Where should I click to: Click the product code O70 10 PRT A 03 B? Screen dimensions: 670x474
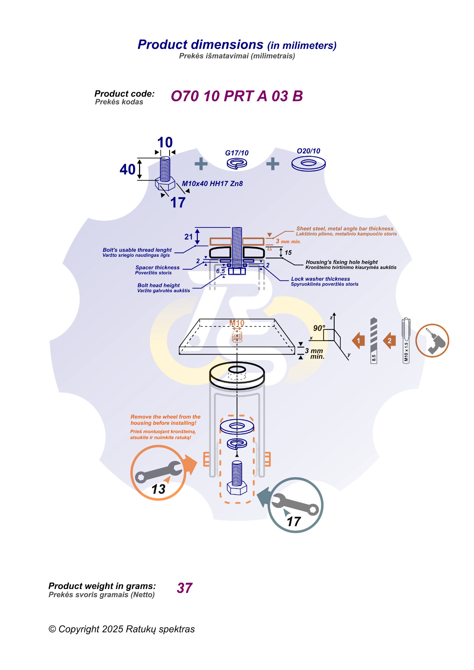pos(237,96)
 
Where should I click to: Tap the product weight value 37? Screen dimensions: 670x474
pos(185,588)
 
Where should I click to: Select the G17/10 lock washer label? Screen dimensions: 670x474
pos(237,153)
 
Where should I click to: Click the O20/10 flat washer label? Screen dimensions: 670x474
pos(308,151)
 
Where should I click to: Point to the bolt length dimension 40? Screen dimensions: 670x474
pos(127,170)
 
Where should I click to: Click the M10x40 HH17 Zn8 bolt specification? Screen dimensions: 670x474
pos(212,184)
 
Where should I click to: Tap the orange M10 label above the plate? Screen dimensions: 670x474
pos(237,323)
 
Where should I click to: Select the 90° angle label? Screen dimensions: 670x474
pos(319,328)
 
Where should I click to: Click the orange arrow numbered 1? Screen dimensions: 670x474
pos(358,340)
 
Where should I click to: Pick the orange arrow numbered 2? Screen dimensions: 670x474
pos(389,340)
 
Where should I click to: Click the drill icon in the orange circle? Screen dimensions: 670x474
pos(432,340)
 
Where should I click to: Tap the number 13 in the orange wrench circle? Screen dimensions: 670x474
pos(158,489)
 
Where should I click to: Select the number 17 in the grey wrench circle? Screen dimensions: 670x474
pos(294,522)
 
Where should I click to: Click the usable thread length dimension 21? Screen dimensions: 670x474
pos(189,237)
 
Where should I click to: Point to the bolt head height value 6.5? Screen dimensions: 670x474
pos(220,271)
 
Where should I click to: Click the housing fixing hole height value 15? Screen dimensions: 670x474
pos(288,253)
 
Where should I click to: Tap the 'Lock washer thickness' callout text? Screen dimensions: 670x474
pos(320,279)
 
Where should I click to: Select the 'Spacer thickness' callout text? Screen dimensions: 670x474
pos(157,267)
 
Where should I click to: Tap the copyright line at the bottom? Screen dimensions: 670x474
pos(121,629)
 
